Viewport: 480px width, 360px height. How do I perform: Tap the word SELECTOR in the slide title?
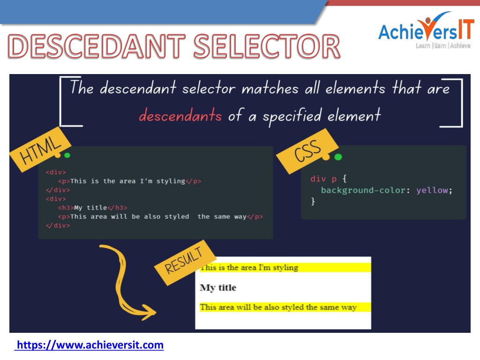[x=267, y=46]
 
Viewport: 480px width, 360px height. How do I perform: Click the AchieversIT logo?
[x=426, y=30]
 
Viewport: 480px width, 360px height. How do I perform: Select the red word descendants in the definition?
[x=180, y=116]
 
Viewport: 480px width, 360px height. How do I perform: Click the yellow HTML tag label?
[x=40, y=150]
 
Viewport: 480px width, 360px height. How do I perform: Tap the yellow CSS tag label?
[x=307, y=151]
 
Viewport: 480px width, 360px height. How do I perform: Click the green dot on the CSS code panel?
[x=338, y=157]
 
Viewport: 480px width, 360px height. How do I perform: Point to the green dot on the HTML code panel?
[x=67, y=156]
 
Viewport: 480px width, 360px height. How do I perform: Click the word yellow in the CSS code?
[x=432, y=190]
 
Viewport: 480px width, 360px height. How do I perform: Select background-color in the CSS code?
[x=363, y=190]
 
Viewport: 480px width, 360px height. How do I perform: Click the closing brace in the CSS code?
[x=313, y=201]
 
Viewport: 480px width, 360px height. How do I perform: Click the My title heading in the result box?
[x=218, y=288]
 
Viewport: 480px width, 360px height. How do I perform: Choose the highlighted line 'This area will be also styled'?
[x=278, y=307]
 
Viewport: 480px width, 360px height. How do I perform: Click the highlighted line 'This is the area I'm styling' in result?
[x=249, y=268]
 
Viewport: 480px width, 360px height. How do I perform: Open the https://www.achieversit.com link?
[x=90, y=345]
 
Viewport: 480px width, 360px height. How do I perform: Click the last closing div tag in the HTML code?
[x=58, y=225]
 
